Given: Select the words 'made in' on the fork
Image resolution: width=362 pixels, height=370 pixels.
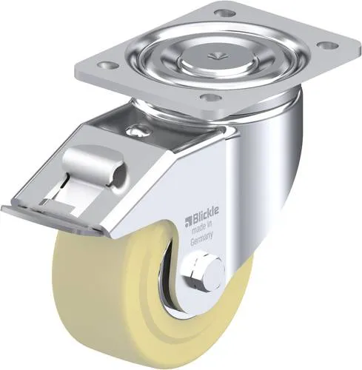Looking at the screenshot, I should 196,229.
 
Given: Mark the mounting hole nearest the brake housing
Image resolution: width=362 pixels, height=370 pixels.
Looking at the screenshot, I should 210,97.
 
